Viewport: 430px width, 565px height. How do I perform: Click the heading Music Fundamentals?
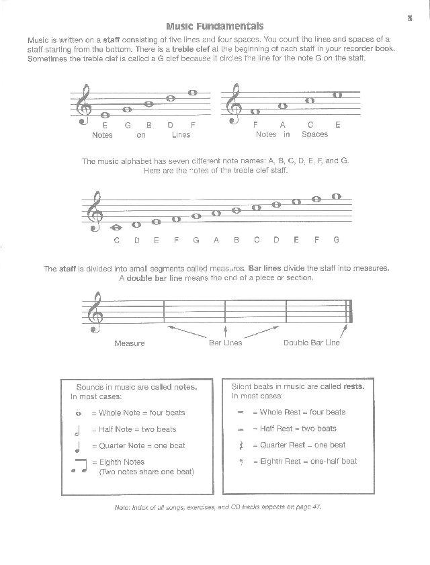215,27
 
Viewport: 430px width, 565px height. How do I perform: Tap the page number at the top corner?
409,17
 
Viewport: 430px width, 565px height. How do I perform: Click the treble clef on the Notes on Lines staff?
84,104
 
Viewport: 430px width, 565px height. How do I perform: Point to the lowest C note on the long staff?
117,227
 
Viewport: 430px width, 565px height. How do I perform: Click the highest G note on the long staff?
337,197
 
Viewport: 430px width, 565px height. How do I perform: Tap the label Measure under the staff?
130,343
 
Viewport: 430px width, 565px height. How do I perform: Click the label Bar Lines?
225,343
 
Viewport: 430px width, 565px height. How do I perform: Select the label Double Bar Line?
312,343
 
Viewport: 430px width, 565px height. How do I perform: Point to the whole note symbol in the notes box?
79,413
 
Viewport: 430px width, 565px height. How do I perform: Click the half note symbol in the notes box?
79,429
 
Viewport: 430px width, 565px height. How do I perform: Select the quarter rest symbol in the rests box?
240,445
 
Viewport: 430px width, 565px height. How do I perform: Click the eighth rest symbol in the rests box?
240,462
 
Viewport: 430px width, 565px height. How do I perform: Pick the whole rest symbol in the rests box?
240,412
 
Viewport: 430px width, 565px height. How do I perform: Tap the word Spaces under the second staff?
314,134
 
